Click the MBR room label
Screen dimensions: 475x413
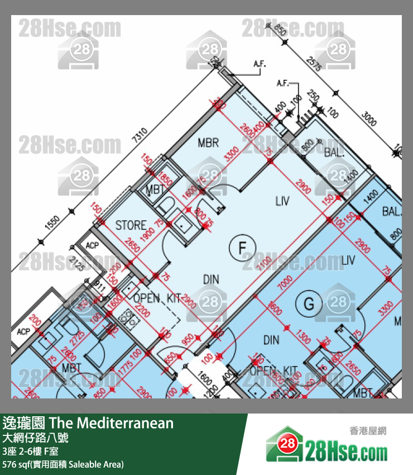(208, 143)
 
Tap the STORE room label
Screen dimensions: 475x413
(131, 226)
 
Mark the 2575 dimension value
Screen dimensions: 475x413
(314, 64)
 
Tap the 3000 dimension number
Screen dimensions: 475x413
(369, 119)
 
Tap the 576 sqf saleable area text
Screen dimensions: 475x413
(63, 464)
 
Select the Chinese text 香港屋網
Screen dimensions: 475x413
(368, 431)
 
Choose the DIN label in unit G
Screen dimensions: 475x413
(271, 340)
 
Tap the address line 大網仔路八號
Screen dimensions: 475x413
(36, 438)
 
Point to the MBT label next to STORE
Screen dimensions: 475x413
(155, 191)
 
